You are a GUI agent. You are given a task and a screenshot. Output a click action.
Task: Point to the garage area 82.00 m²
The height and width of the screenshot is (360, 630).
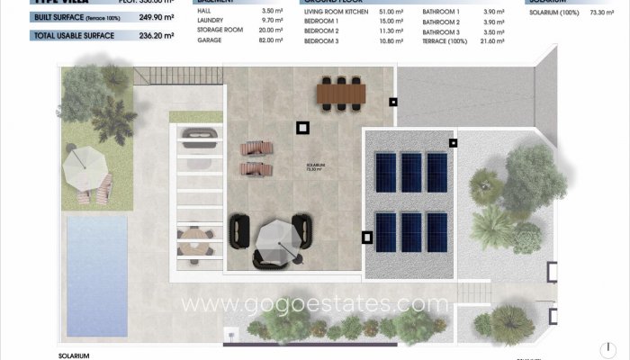coord(271,41)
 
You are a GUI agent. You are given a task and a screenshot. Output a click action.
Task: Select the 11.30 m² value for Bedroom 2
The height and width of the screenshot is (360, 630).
coord(391,31)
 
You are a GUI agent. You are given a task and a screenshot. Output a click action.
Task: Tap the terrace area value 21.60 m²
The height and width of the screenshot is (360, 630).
coord(495,41)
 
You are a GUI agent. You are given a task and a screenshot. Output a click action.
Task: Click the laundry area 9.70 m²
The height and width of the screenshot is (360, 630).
coord(273,22)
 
